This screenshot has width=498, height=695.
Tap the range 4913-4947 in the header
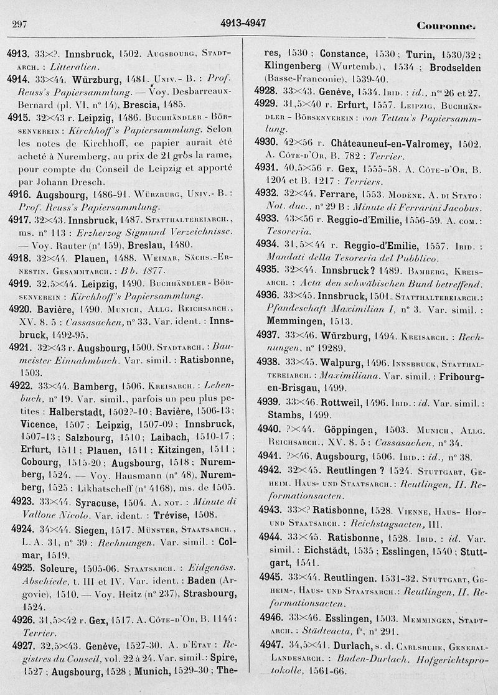coord(243,24)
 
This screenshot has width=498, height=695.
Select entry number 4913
coord(19,54)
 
